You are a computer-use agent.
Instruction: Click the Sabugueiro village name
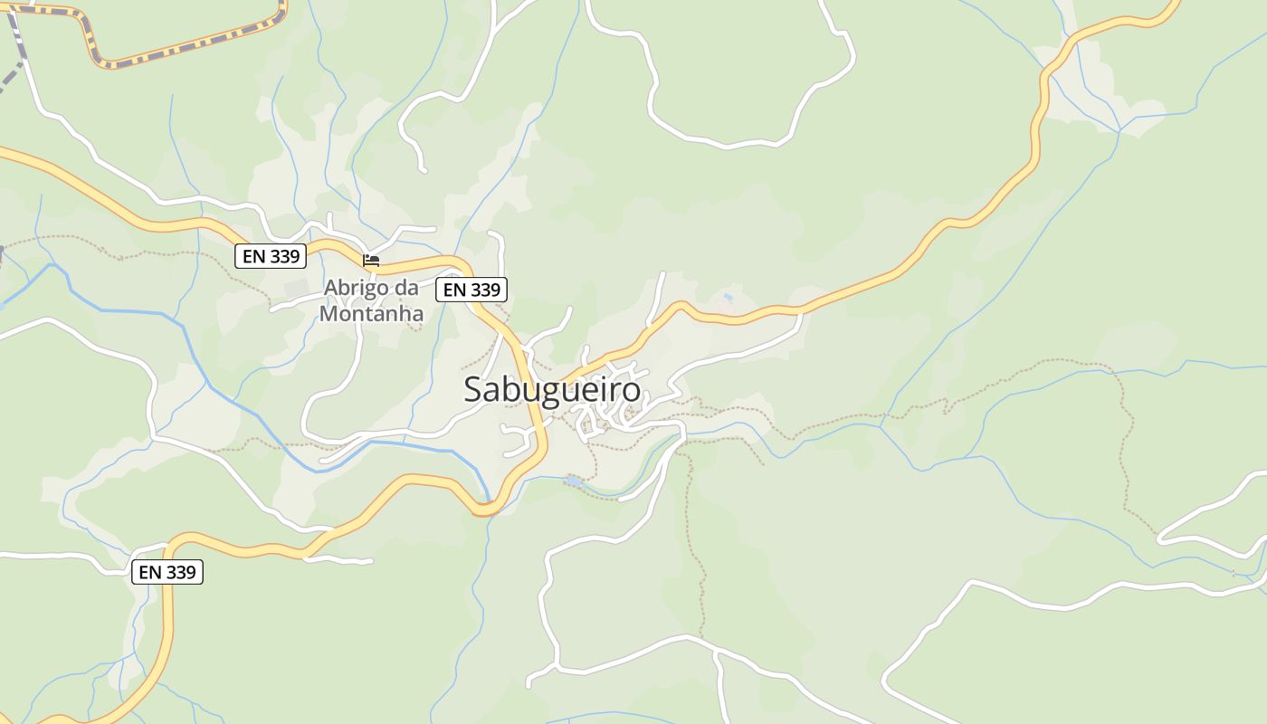(552, 389)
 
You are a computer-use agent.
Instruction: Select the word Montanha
(371, 314)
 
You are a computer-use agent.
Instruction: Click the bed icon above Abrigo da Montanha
(371, 261)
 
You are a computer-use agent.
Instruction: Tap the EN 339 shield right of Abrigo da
(472, 290)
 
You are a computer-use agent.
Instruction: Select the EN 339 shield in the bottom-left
(167, 572)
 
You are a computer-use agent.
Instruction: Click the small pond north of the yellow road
(728, 297)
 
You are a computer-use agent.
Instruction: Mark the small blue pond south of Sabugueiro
(574, 481)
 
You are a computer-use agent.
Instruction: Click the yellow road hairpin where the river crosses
(486, 510)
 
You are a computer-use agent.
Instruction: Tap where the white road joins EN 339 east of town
(801, 313)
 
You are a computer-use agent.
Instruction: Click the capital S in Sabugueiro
(473, 389)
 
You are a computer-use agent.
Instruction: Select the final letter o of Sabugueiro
(632, 391)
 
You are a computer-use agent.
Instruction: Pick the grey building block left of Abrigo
(296, 289)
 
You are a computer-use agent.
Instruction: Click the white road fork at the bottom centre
(715, 650)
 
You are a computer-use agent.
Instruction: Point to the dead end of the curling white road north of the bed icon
(424, 169)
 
